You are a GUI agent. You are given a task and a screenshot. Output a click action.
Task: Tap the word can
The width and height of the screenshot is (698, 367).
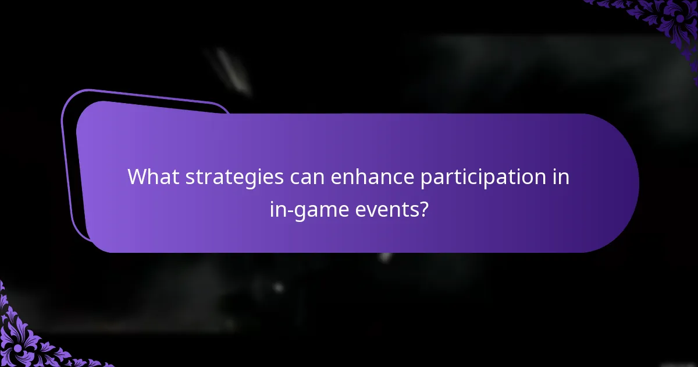tap(307, 177)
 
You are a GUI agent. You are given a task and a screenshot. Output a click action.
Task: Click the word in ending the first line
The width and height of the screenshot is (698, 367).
tap(560, 177)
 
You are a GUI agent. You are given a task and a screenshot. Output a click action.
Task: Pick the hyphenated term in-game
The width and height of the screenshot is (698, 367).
tap(309, 209)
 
